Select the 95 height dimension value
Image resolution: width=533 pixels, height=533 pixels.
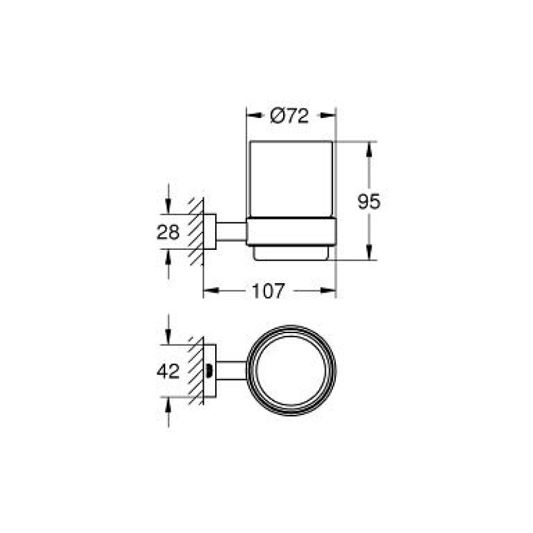point(368,201)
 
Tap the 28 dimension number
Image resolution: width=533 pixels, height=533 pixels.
point(168,233)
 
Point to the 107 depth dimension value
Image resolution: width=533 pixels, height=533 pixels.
point(268,290)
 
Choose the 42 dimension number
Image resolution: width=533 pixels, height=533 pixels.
point(168,371)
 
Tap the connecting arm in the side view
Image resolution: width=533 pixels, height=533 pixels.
point(231,232)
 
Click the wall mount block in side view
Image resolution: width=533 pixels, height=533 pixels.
point(209,232)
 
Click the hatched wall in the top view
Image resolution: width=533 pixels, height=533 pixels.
point(196,370)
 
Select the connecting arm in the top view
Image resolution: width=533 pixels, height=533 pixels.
point(231,370)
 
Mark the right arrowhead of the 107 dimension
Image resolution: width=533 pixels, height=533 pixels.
point(330,290)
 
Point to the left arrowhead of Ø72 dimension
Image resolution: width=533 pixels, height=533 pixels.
point(252,115)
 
